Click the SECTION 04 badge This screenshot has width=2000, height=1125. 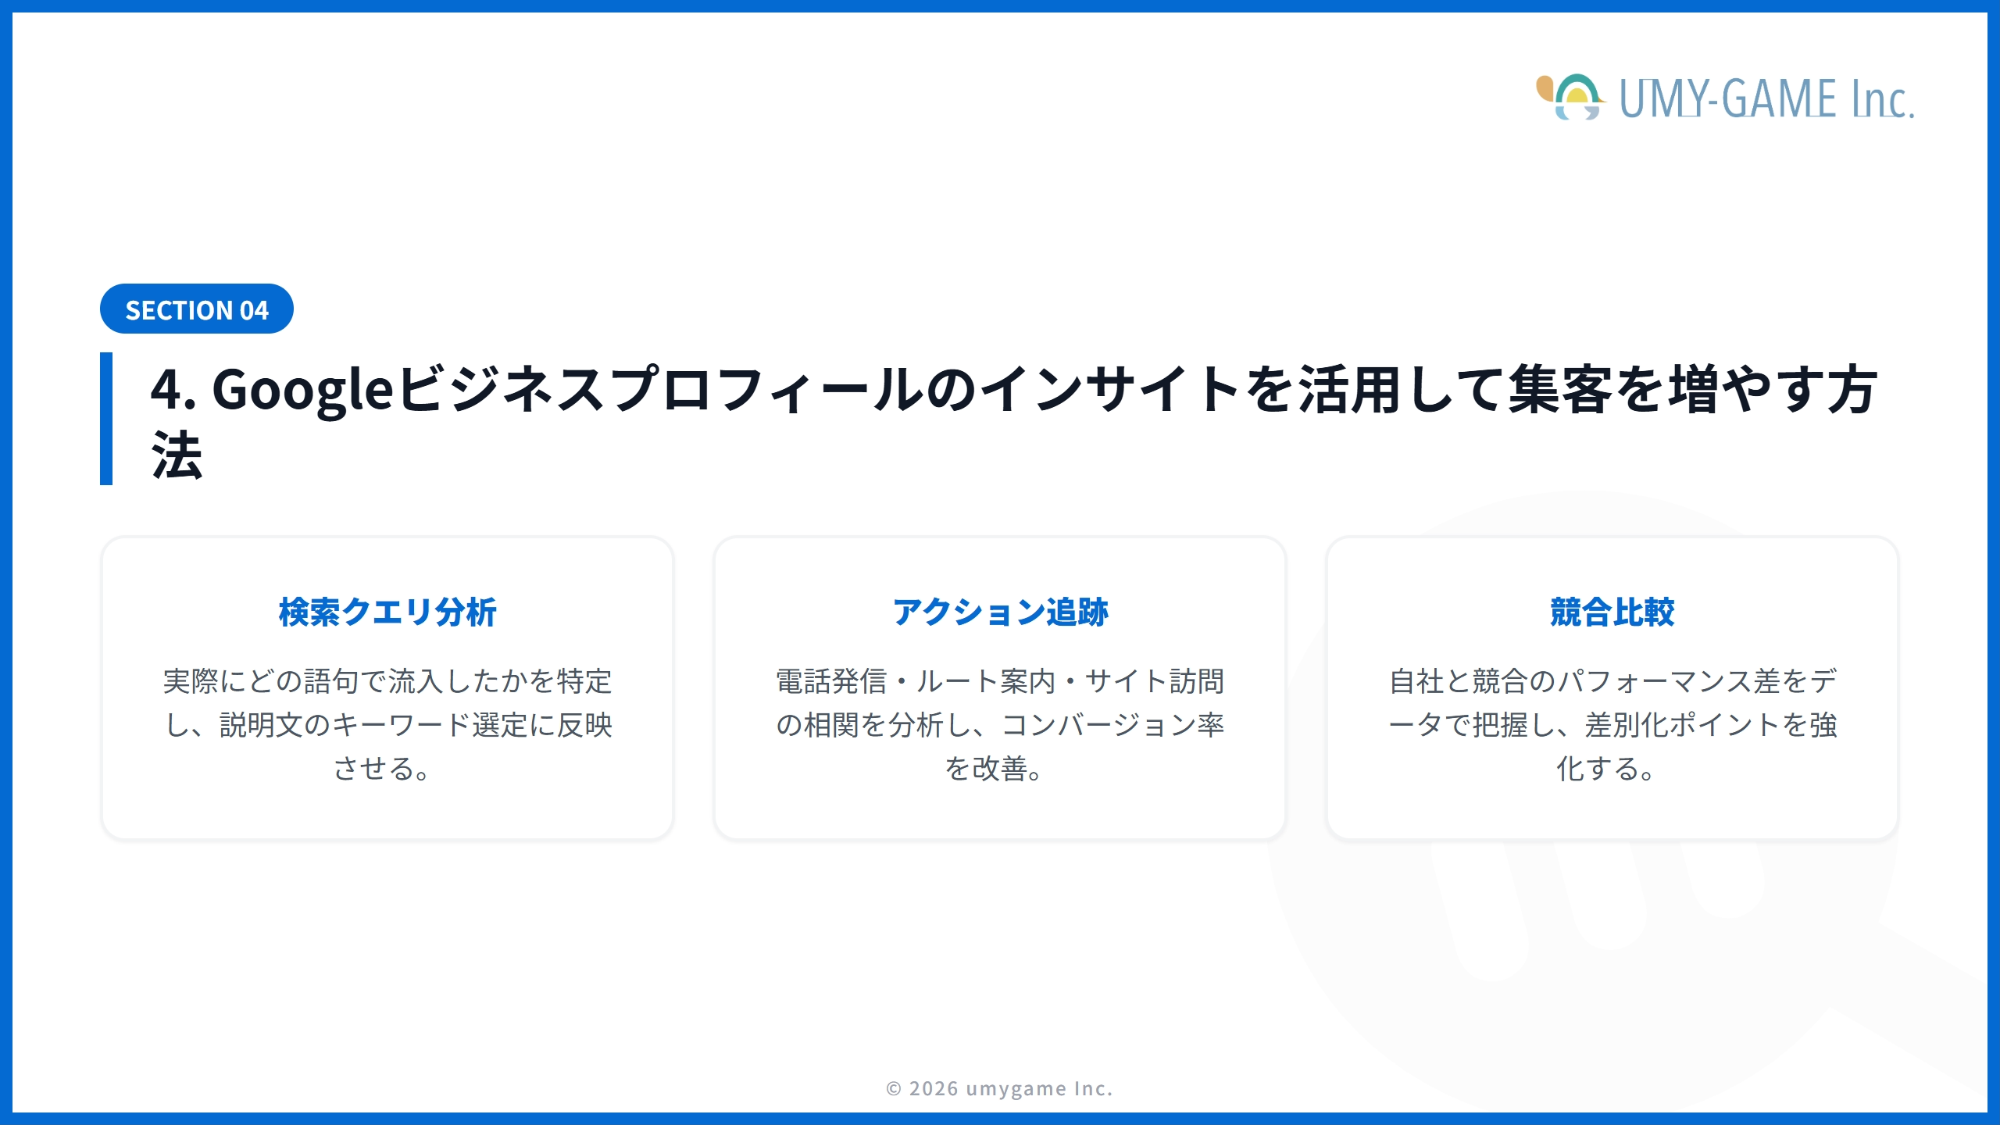tap(197, 309)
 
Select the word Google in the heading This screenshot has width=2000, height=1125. tap(302, 389)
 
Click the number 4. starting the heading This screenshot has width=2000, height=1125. tap(173, 389)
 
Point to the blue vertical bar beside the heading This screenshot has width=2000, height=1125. tap(106, 419)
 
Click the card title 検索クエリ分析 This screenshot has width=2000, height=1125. tap(387, 612)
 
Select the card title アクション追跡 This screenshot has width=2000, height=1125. tap(1000, 612)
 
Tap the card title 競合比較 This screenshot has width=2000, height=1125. tap(1612, 612)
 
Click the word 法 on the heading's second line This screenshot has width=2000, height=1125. tap(177, 456)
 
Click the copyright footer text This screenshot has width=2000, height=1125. tap(999, 1088)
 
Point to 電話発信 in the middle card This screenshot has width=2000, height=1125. tap(831, 681)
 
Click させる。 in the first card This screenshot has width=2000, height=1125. tap(382, 769)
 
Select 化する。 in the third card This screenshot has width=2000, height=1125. tap(1605, 769)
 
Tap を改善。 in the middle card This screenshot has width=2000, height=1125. tap(994, 769)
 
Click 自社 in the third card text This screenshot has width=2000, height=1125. tap(1416, 681)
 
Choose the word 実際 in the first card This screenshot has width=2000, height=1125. tap(191, 681)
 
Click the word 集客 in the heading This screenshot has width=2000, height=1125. tap(1559, 389)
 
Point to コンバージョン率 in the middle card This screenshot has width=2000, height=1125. tap(1112, 725)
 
